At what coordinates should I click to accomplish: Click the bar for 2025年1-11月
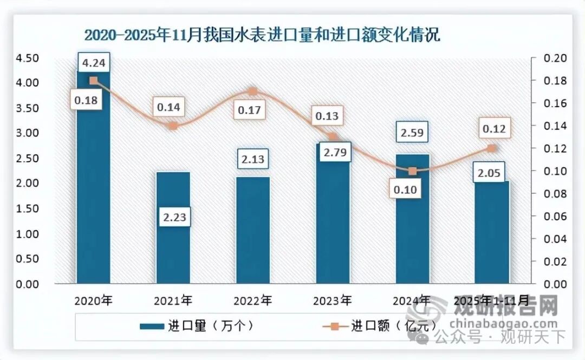492,233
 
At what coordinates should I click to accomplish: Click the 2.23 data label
173,217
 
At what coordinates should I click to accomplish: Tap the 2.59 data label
412,132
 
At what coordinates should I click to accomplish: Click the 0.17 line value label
249,111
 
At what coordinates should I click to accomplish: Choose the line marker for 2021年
173,126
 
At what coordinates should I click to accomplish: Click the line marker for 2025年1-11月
492,148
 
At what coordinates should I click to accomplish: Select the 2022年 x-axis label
253,300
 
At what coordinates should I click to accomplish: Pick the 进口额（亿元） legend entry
379,326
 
